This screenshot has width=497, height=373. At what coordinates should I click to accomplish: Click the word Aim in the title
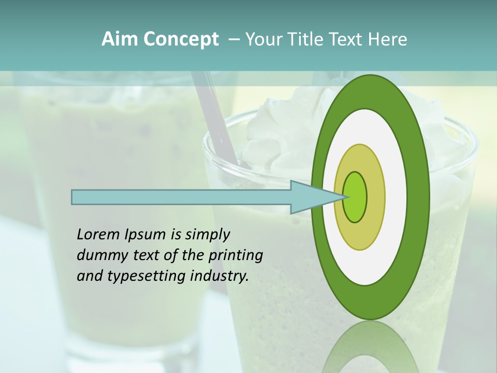coord(120,39)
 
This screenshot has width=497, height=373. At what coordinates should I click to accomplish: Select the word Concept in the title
coord(181,39)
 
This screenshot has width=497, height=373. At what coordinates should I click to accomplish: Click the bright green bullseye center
coord(356,197)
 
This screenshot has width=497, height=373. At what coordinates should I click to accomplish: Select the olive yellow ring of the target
coord(375,197)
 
